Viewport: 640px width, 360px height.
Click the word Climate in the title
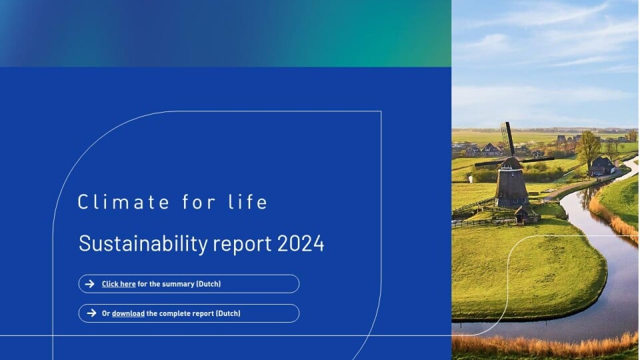pos(123,202)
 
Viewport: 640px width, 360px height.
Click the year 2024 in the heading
pos(301,243)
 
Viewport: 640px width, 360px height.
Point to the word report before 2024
pos(243,245)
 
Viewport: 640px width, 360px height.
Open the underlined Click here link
pos(119,284)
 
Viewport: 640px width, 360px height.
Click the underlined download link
pos(128,313)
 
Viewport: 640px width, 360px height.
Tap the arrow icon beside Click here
pos(90,284)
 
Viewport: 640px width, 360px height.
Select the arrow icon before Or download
pos(91,313)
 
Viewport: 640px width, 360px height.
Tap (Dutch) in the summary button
pos(209,284)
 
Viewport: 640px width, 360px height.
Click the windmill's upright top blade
pos(508,139)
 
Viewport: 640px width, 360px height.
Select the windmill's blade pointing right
pos(537,159)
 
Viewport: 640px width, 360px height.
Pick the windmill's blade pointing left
pos(490,163)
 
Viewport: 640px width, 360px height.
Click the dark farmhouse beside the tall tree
pos(602,166)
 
